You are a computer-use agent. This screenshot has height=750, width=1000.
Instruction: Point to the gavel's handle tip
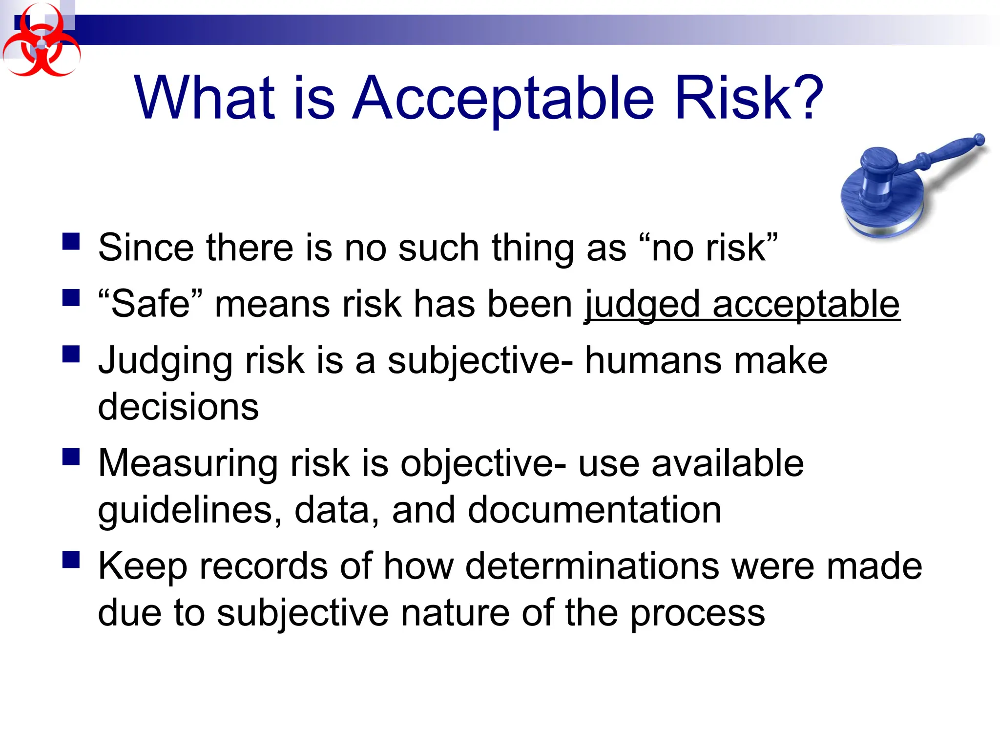tap(979, 140)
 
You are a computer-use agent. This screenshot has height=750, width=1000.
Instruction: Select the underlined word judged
tap(642, 305)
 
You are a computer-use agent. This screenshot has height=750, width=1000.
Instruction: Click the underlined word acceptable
tap(806, 305)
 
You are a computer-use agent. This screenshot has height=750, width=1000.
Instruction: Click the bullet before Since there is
tap(71, 242)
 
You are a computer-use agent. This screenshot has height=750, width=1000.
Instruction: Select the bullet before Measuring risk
tap(71, 458)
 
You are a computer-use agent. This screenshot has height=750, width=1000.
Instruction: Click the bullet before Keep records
tap(71, 560)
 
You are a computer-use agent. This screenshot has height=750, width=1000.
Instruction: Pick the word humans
tap(653, 361)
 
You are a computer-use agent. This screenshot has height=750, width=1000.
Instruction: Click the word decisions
tap(178, 407)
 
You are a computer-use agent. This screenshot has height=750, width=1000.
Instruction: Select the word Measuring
tap(188, 464)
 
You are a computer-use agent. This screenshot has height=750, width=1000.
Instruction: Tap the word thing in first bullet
tap(532, 248)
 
